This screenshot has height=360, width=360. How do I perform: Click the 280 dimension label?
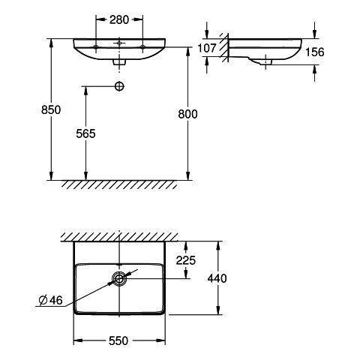[x=119, y=20]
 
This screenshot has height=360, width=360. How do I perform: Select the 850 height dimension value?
[x=51, y=110]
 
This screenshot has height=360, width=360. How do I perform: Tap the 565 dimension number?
[x=85, y=133]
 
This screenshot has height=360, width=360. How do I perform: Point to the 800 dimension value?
[x=187, y=114]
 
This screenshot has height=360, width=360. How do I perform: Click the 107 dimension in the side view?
[x=207, y=48]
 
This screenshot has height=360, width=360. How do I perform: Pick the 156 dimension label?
[x=315, y=52]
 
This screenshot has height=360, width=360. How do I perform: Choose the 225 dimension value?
[x=186, y=260]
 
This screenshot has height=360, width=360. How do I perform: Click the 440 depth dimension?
[x=217, y=278]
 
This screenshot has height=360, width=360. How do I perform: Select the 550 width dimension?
[x=118, y=340]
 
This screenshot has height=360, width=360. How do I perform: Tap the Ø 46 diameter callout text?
[x=51, y=300]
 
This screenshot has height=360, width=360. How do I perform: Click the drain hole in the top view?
[x=119, y=278]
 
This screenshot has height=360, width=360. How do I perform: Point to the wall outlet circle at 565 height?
[x=119, y=86]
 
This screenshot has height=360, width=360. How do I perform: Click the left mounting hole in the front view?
[x=96, y=46]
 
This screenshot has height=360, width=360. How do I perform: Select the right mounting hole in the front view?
[x=142, y=46]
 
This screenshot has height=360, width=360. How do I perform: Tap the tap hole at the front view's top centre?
[x=119, y=43]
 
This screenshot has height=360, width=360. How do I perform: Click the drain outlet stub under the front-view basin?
[x=119, y=62]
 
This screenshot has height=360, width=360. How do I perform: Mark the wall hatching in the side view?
[x=224, y=47]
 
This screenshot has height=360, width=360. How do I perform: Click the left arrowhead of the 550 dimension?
[x=78, y=340]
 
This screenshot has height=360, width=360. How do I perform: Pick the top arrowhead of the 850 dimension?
[x=51, y=43]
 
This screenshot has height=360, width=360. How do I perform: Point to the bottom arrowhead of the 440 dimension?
[x=218, y=310]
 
